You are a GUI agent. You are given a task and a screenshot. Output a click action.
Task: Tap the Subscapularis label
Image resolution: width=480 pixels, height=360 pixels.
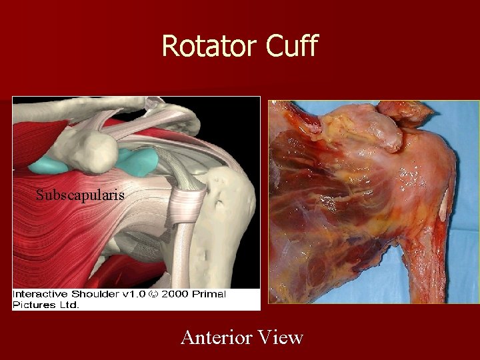[80, 195]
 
